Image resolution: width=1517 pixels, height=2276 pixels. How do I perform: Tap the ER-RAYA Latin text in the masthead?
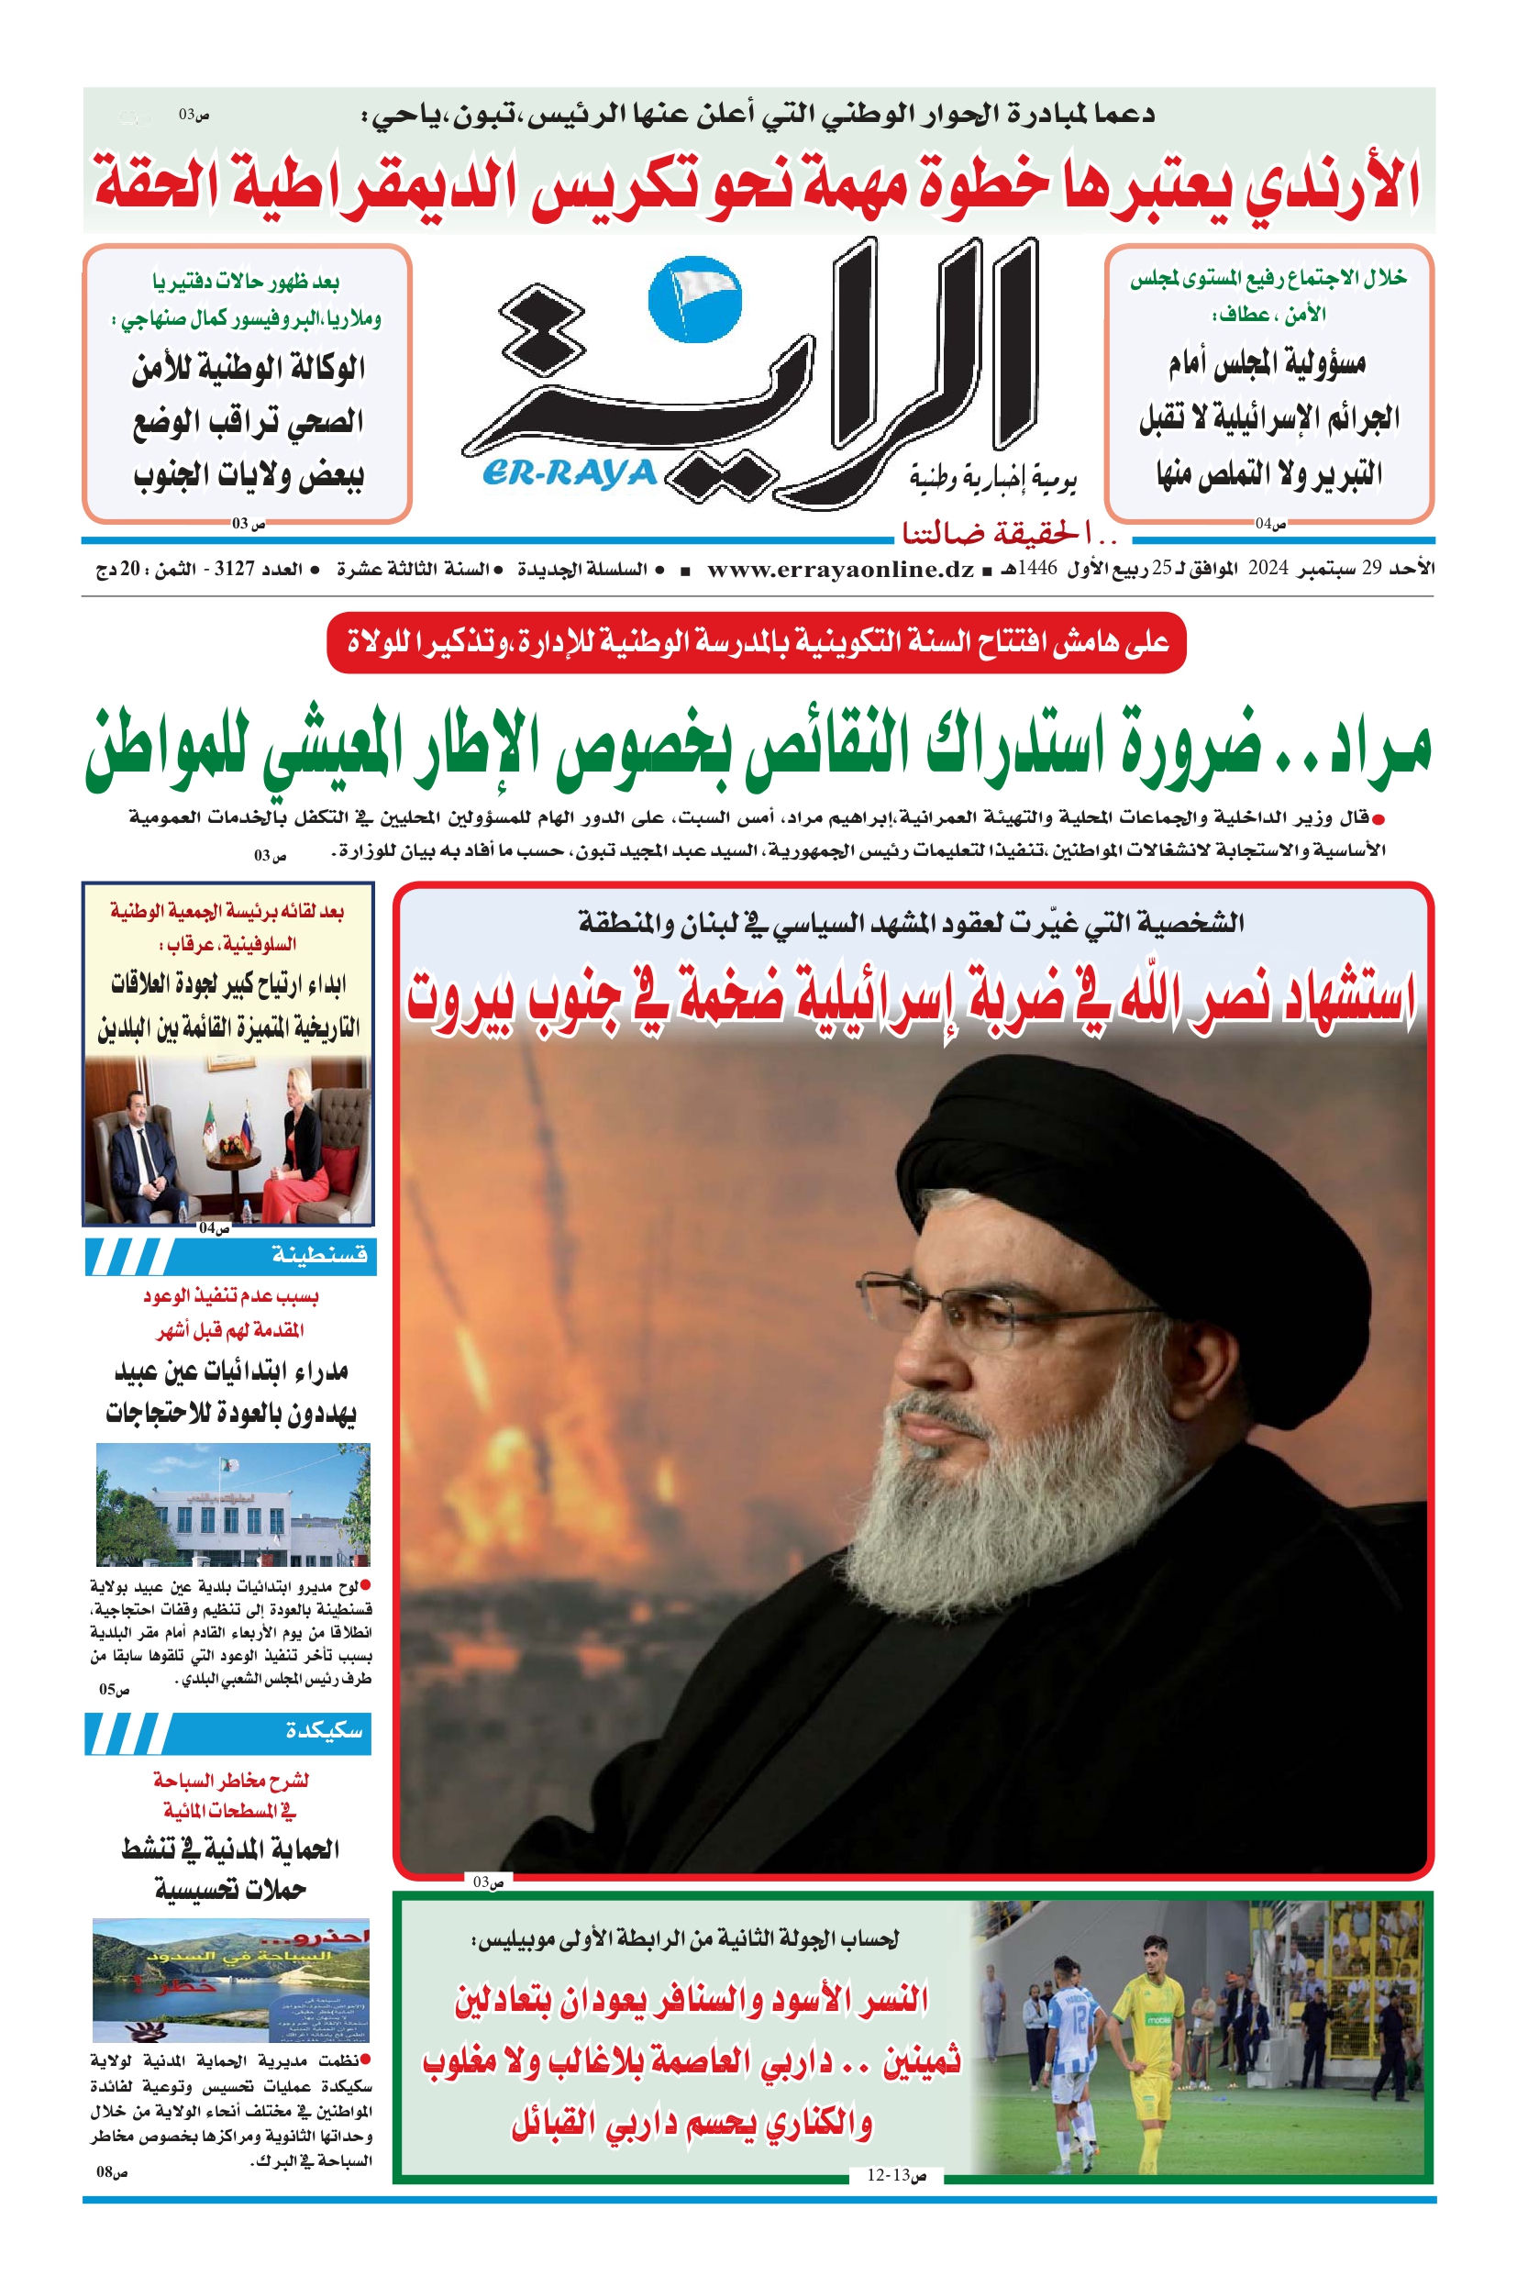[x=570, y=473]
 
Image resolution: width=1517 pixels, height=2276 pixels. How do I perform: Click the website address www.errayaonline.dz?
[x=840, y=569]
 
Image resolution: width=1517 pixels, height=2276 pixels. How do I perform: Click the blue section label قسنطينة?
[x=319, y=1255]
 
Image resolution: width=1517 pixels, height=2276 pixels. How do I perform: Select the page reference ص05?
[x=113, y=1689]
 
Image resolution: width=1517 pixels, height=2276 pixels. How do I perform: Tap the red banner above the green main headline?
[x=757, y=641]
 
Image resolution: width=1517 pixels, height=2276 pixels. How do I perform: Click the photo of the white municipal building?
[x=232, y=1505]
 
